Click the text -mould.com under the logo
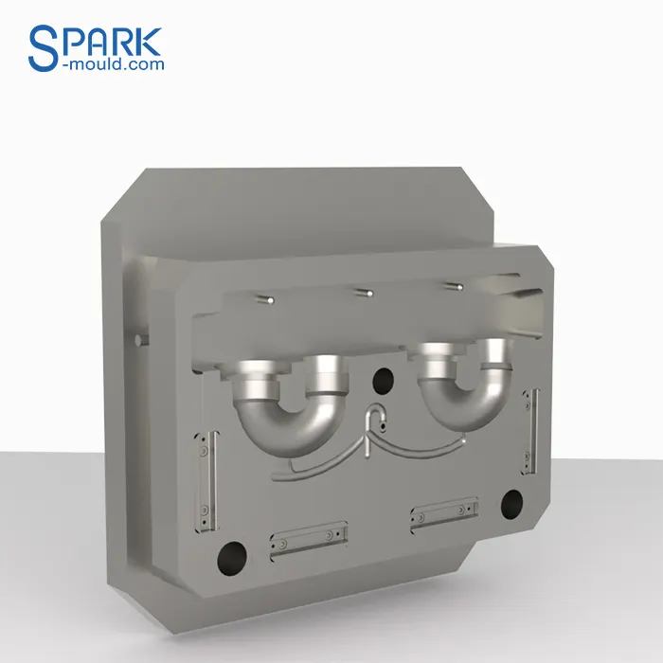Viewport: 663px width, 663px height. click(113, 64)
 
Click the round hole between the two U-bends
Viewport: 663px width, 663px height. click(383, 381)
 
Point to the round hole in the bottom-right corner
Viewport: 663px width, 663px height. click(511, 502)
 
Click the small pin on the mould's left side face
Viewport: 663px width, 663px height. click(140, 338)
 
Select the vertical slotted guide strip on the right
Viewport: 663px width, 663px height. click(530, 431)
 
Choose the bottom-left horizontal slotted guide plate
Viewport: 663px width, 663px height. click(307, 537)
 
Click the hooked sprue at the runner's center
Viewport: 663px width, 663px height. click(376, 421)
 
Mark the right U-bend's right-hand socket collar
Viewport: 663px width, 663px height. click(493, 354)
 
